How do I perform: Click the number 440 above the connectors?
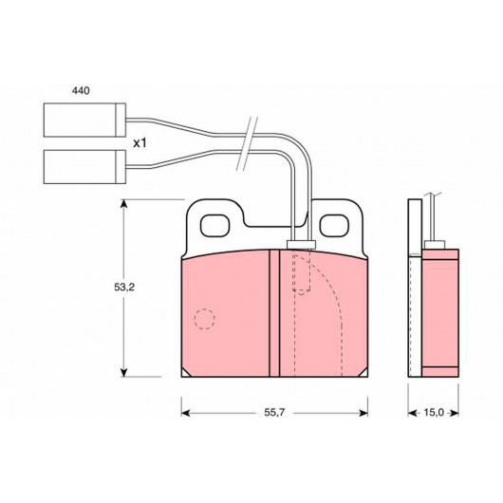81,91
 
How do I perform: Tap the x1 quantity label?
140,143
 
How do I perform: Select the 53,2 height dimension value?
124,288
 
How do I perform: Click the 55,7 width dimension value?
274,412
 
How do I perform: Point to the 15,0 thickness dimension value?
434,412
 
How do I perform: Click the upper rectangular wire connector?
84,120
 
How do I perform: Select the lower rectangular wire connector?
84,167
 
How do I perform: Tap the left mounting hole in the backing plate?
214,226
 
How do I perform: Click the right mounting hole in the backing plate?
334,226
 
